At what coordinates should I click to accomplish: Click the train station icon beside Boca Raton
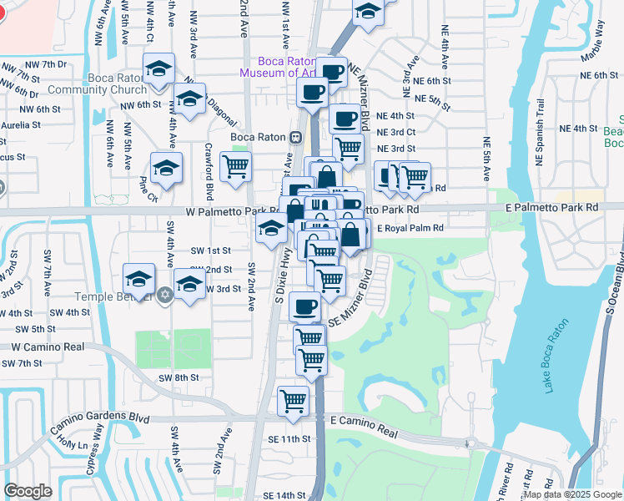click(295, 137)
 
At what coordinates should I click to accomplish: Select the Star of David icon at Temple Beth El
click(165, 295)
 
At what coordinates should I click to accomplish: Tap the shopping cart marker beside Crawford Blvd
click(235, 165)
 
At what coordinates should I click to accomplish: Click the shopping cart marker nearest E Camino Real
click(293, 400)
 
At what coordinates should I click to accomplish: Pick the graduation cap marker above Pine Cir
click(166, 167)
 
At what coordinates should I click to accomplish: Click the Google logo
click(28, 491)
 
